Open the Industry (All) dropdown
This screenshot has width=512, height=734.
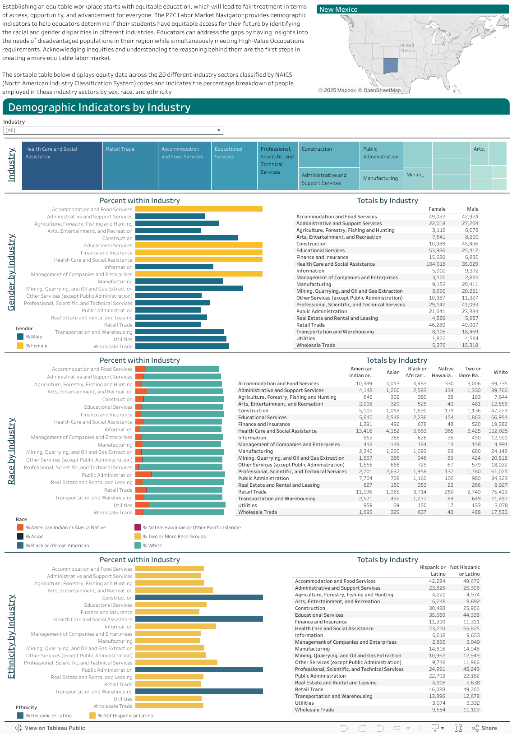click(x=113, y=130)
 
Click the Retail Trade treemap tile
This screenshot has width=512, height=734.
click(x=130, y=166)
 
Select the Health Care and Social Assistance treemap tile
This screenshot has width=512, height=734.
click(x=62, y=166)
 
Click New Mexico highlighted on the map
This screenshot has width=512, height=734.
click(x=390, y=65)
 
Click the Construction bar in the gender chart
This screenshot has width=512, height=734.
click(x=186, y=238)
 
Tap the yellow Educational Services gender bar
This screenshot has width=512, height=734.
click(x=199, y=245)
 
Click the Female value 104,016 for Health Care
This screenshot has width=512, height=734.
click(x=436, y=264)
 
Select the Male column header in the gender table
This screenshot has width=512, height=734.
click(x=472, y=209)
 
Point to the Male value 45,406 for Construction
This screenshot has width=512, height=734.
click(x=470, y=244)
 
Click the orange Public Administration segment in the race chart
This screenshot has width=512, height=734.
click(x=143, y=475)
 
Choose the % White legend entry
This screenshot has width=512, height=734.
click(x=148, y=545)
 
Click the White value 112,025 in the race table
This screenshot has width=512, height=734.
click(x=498, y=431)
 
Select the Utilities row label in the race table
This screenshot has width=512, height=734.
click(x=247, y=505)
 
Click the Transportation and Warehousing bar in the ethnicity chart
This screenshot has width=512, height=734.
click(x=199, y=691)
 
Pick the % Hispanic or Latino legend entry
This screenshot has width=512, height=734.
click(x=44, y=716)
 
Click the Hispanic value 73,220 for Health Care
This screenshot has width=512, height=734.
click(x=437, y=628)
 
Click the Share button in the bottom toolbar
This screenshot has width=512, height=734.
click(x=484, y=728)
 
